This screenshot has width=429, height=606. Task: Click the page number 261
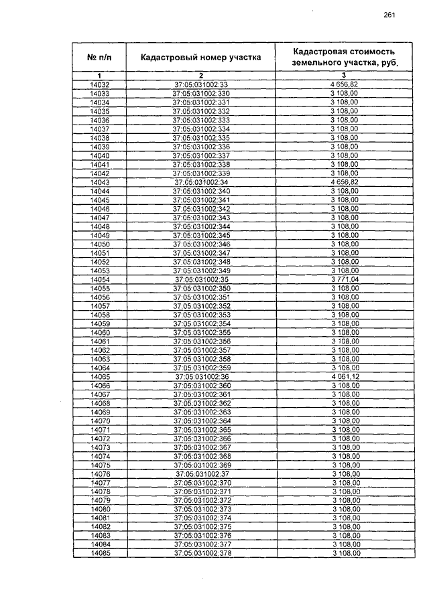click(x=389, y=15)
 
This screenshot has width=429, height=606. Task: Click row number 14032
click(x=99, y=84)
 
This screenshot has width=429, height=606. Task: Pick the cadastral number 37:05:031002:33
click(x=201, y=84)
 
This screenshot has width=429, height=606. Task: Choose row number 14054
click(x=99, y=279)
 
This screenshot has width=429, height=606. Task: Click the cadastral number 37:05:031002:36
click(x=201, y=377)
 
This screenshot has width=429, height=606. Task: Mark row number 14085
click(x=99, y=554)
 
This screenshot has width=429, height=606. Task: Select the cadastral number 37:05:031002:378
click(x=201, y=554)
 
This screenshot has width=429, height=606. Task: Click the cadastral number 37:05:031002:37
click(x=201, y=474)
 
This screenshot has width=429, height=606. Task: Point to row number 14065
click(x=99, y=377)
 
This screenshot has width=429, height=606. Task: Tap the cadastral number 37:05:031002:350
click(x=201, y=288)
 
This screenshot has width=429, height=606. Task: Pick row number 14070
click(x=99, y=421)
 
